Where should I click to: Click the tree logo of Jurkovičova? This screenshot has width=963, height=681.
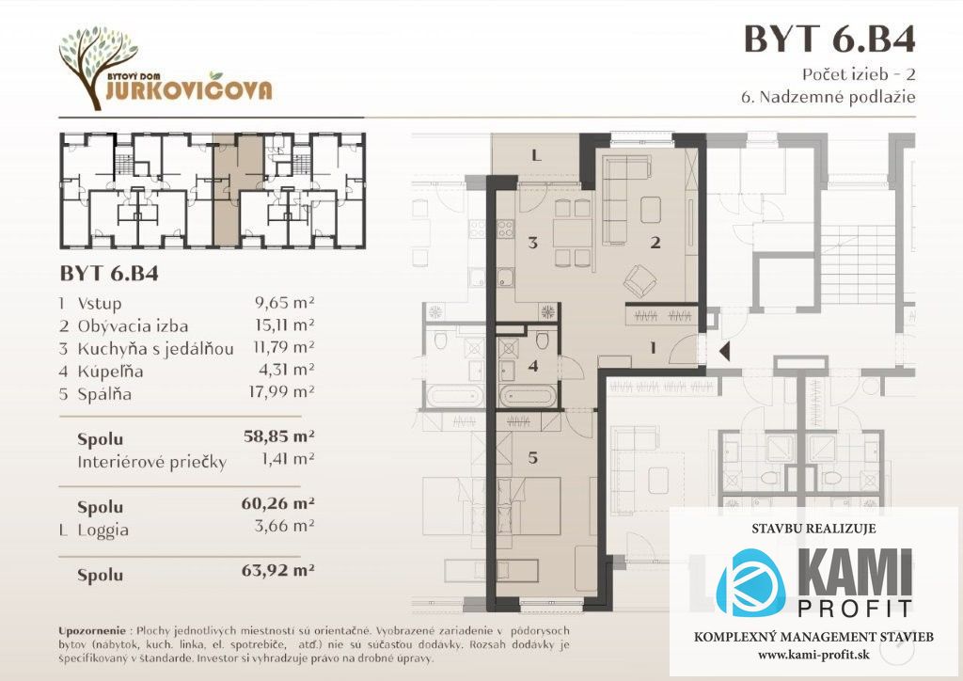98,67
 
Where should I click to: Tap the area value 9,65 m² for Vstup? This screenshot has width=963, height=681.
284,302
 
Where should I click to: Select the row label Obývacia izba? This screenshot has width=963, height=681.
133,325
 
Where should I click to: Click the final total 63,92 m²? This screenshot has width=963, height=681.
278,570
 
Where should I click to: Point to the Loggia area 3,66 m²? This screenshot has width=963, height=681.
284,526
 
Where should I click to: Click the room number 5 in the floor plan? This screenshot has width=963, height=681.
532,457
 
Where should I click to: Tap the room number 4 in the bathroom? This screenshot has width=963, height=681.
532,366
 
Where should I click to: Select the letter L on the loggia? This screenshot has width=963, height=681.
536,156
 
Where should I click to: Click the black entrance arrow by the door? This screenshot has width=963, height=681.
724,351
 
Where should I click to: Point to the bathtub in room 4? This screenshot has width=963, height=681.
529,397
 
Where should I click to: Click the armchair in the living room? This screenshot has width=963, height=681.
641,281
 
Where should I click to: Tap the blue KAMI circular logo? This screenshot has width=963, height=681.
750,583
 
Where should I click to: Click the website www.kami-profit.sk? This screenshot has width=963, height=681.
813,655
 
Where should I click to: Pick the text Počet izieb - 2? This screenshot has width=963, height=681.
859,74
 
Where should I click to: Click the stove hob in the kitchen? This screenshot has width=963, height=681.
505,230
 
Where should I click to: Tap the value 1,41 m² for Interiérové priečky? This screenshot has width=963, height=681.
288,459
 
